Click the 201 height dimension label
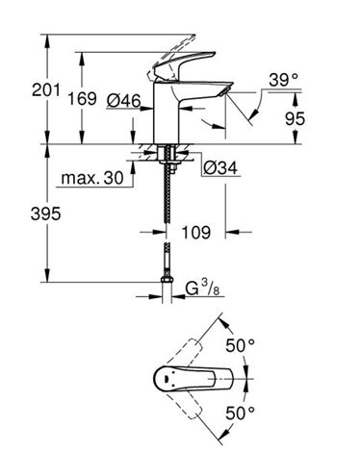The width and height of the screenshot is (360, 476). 46,90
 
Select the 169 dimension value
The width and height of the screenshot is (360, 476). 82,98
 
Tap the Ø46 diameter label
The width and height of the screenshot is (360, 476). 124,101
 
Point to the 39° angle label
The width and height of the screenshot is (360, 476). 284,80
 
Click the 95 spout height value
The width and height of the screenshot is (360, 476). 295,119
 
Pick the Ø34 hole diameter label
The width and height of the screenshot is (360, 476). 220,167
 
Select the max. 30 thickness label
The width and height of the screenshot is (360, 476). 92,178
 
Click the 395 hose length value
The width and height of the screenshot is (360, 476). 45,213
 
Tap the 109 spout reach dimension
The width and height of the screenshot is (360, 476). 196,233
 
